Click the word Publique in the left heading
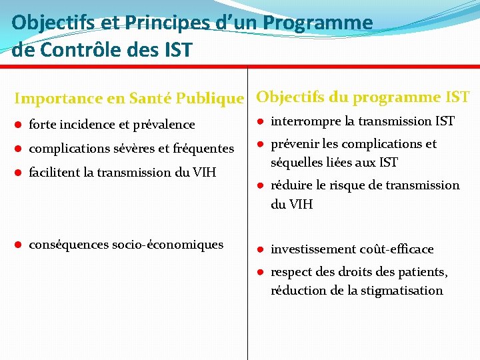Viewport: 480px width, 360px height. coord(213,99)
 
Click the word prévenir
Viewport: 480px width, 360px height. coord(294,144)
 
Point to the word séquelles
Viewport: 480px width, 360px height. coord(296,162)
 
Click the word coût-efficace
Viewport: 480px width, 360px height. coord(395,249)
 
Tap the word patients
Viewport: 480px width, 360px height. coord(424,272)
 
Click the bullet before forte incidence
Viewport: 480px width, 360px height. coord(19,125)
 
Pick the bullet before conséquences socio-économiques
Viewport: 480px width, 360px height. coord(19,245)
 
